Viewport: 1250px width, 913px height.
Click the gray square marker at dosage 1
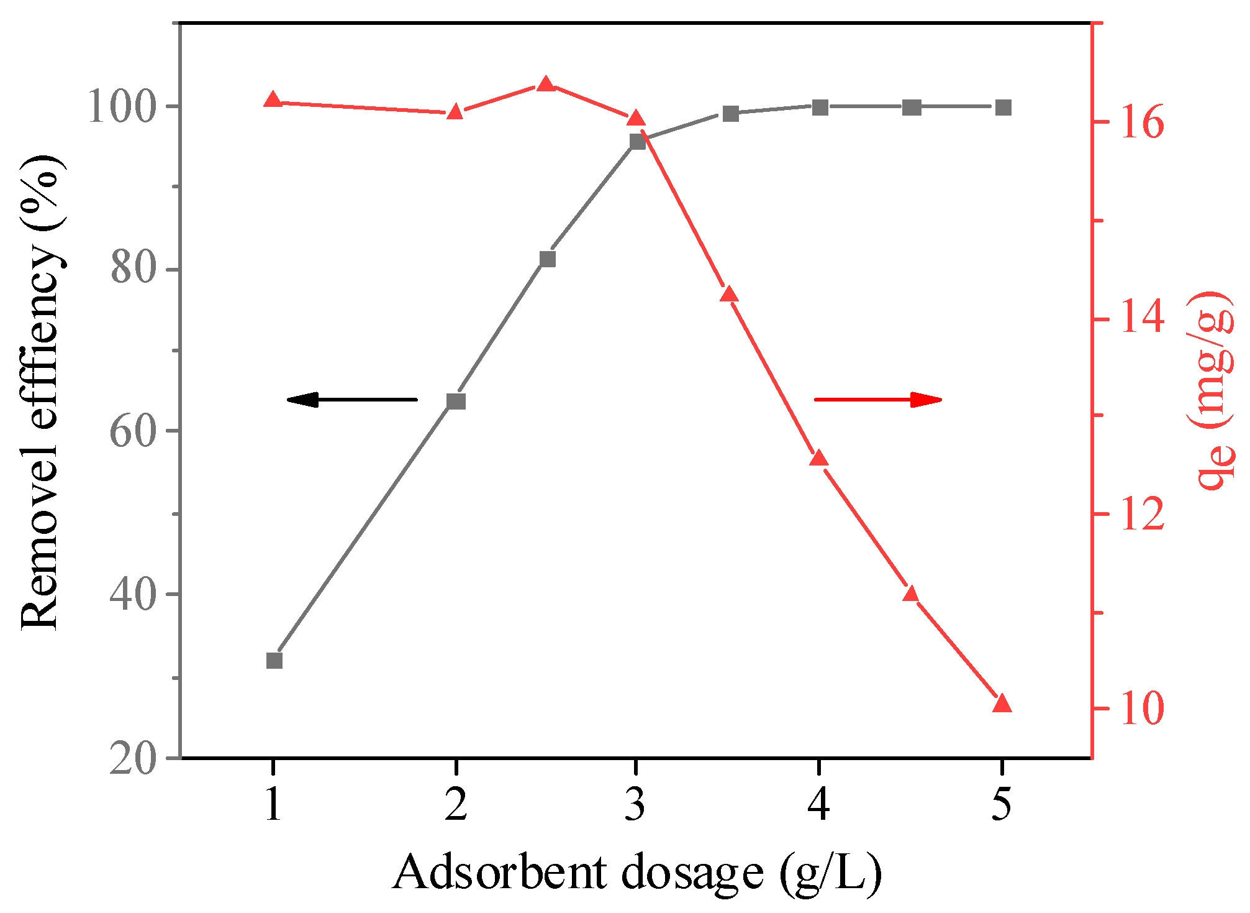pyautogui.click(x=274, y=660)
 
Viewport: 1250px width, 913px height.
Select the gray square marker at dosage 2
pyautogui.click(x=456, y=401)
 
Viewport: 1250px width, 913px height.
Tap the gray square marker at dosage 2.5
pyautogui.click(x=547, y=259)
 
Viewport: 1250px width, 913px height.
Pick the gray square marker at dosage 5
pyautogui.click(x=1003, y=108)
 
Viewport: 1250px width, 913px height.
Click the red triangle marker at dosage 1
pyautogui.click(x=273, y=99)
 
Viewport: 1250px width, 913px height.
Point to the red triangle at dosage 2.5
pyautogui.click(x=546, y=84)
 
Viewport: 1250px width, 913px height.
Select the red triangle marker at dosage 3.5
pyautogui.click(x=729, y=295)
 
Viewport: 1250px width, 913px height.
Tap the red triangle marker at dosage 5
pyautogui.click(x=1002, y=704)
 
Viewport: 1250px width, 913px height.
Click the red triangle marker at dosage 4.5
pyautogui.click(x=911, y=594)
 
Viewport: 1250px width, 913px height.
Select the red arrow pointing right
pyautogui.click(x=878, y=400)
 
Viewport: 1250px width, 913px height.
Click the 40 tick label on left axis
pyautogui.click(x=132, y=595)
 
